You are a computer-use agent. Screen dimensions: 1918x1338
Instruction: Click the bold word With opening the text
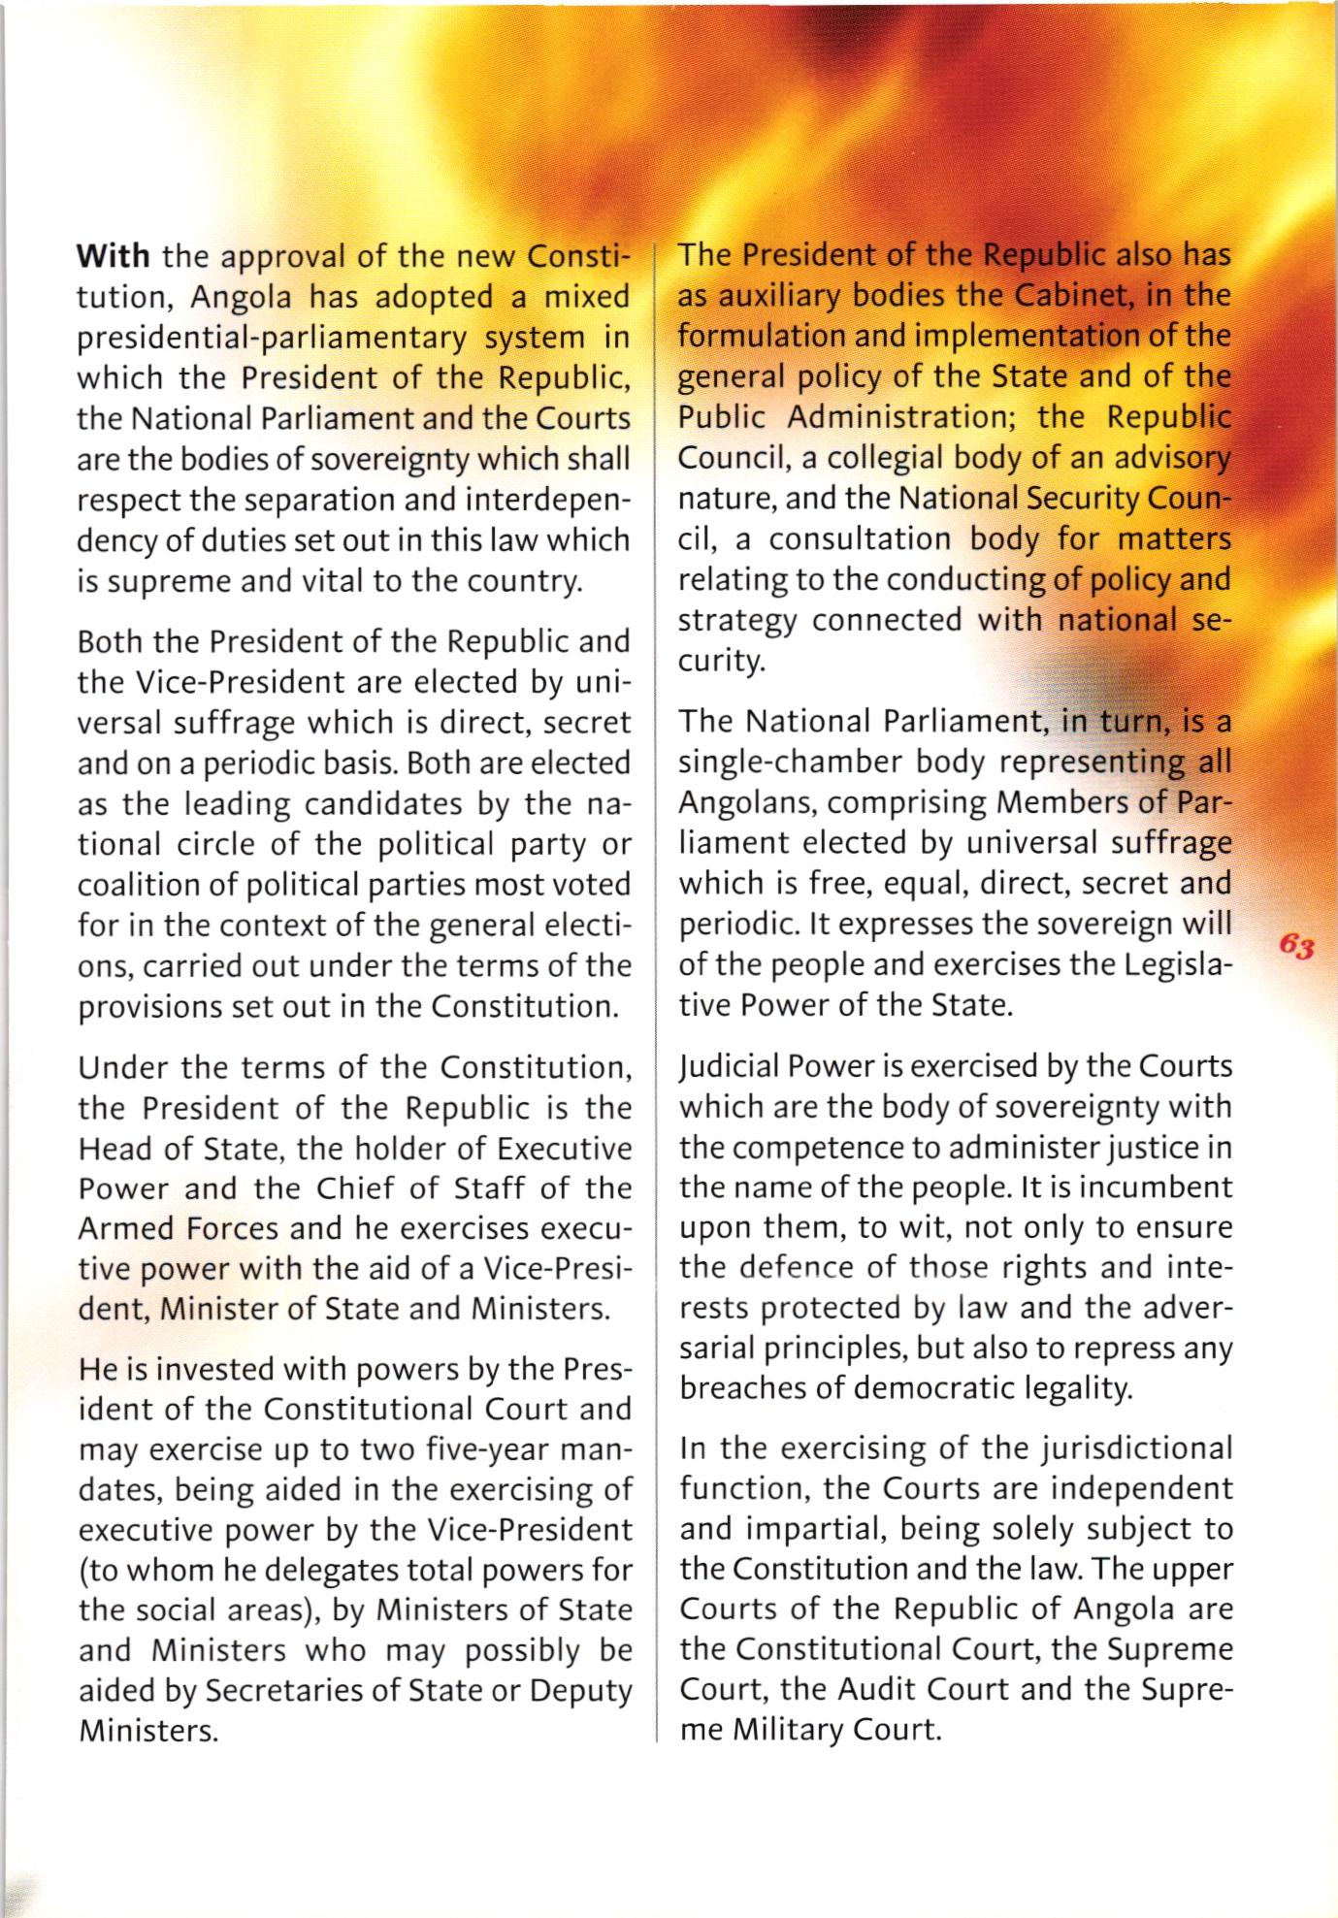coord(114,257)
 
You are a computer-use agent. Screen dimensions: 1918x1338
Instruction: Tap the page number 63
coord(1296,946)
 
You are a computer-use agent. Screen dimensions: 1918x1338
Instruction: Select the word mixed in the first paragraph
coord(587,297)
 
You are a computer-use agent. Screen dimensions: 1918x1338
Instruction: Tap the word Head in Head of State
coord(113,1149)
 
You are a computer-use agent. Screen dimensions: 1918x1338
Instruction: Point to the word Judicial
coord(729,1067)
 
